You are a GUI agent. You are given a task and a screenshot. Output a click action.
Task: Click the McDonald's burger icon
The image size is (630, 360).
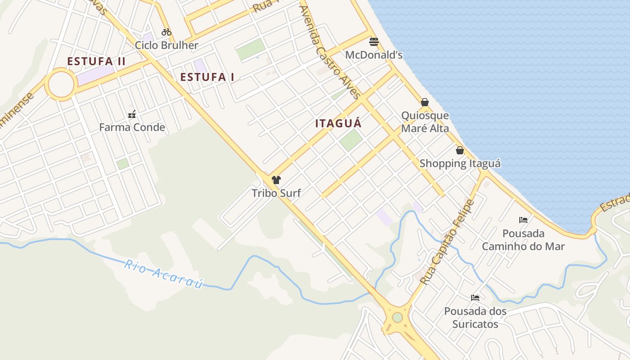click(x=374, y=42)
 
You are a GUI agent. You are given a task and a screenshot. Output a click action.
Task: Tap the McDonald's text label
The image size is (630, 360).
click(x=374, y=55)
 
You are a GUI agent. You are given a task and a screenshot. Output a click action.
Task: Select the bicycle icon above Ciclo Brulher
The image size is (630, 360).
click(x=166, y=32)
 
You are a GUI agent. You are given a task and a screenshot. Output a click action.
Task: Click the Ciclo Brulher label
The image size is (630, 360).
click(x=166, y=45)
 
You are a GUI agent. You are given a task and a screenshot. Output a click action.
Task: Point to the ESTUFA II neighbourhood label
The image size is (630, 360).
click(x=96, y=61)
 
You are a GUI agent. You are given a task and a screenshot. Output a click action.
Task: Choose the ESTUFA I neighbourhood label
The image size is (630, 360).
click(x=207, y=77)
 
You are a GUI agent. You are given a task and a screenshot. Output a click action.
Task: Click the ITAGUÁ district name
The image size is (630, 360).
click(x=338, y=123)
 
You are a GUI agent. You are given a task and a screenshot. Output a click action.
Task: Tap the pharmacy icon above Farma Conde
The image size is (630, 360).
click(x=132, y=114)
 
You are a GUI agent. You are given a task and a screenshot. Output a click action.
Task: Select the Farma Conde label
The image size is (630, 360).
click(x=132, y=127)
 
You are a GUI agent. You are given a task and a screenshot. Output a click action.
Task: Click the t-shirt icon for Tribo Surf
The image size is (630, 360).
click(x=276, y=180)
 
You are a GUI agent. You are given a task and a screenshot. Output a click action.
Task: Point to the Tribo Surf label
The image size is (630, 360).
click(x=276, y=193)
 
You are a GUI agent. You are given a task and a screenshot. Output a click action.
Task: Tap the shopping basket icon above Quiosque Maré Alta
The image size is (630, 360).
click(x=425, y=102)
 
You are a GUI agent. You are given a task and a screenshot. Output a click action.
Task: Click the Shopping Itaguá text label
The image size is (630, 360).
click(x=460, y=163)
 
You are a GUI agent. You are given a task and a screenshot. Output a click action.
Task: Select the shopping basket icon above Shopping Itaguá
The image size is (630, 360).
click(x=460, y=150)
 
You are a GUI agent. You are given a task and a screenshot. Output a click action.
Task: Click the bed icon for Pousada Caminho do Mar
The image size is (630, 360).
click(x=523, y=220)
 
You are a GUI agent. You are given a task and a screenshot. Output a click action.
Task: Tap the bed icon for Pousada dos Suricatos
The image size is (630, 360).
click(x=475, y=297)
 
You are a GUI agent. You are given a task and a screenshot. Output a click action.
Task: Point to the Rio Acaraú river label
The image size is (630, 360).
click(x=163, y=274)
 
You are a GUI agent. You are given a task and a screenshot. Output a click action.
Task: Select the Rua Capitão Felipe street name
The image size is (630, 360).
click(x=447, y=242)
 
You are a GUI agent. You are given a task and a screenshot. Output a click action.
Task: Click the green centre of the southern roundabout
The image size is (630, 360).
click(x=397, y=318)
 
